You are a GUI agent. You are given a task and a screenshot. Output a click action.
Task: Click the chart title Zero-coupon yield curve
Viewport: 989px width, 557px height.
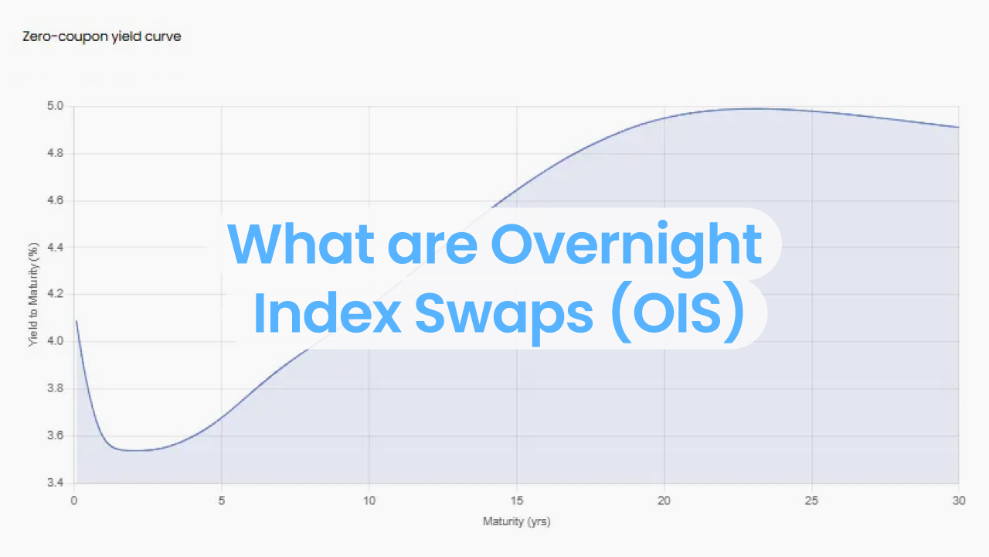click(x=102, y=36)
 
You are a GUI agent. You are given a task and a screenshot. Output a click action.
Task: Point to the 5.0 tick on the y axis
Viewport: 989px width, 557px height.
click(x=56, y=107)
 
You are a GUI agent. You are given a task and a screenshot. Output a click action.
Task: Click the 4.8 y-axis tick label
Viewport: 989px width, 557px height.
click(x=56, y=154)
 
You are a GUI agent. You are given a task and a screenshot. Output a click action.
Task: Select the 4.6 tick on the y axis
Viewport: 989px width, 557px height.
click(x=56, y=201)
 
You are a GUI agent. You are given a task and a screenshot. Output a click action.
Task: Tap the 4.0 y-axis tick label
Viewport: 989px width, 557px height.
click(x=56, y=342)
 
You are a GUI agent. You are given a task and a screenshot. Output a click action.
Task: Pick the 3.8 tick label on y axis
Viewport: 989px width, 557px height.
click(x=56, y=389)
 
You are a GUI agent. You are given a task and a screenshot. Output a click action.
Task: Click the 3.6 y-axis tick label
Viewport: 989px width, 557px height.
click(x=56, y=436)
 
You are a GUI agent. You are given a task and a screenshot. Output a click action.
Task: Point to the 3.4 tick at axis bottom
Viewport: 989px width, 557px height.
click(x=56, y=484)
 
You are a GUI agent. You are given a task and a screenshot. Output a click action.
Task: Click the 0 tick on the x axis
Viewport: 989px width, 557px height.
click(x=74, y=501)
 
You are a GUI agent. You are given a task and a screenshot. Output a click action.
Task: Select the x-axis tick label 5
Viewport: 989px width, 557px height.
click(x=222, y=501)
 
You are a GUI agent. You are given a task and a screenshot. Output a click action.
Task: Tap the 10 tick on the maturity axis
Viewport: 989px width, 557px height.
click(x=369, y=501)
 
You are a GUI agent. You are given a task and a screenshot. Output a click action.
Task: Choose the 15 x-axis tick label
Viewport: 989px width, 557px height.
click(x=517, y=501)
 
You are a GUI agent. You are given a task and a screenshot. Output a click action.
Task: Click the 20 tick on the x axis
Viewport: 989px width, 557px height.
click(x=664, y=501)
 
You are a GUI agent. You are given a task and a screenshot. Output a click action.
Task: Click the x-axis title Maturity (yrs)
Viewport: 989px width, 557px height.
click(x=516, y=521)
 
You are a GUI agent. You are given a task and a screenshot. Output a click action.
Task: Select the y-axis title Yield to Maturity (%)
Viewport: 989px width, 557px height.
click(x=33, y=295)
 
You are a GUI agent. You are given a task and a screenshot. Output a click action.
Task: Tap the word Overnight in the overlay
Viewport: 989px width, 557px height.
click(x=626, y=244)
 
